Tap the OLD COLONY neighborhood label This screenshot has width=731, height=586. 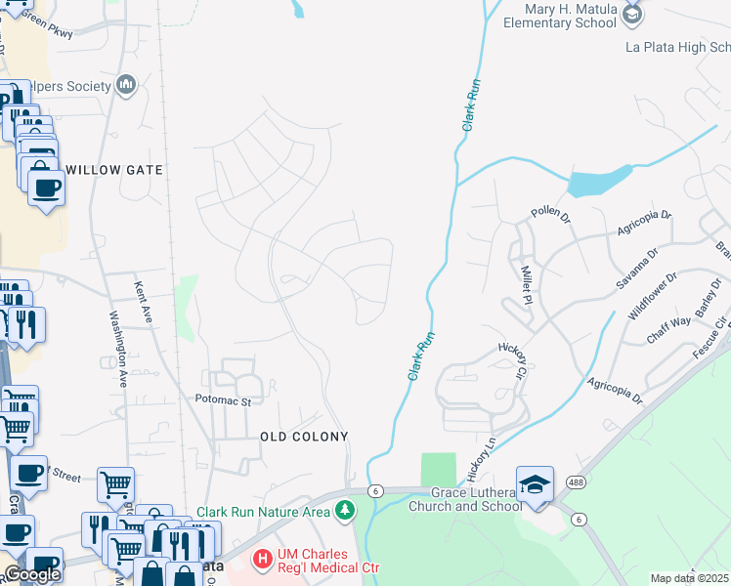pyautogui.click(x=305, y=436)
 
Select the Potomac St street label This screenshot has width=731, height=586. pyautogui.click(x=223, y=400)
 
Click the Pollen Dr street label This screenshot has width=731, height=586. pyautogui.click(x=550, y=213)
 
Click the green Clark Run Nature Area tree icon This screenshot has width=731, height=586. pyautogui.click(x=344, y=511)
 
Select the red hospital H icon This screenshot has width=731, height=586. pyautogui.click(x=263, y=560)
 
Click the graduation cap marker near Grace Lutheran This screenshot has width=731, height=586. pyautogui.click(x=535, y=485)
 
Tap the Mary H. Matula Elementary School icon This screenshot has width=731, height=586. pyautogui.click(x=632, y=13)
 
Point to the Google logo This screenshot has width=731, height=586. pyautogui.click(x=32, y=574)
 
